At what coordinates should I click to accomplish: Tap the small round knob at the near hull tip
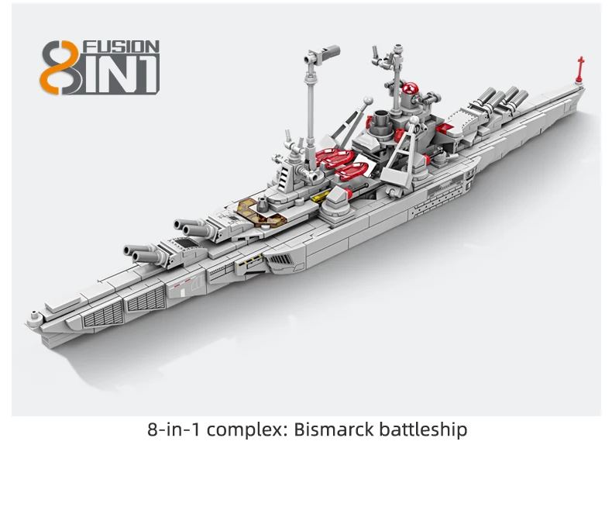point(33,316)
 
